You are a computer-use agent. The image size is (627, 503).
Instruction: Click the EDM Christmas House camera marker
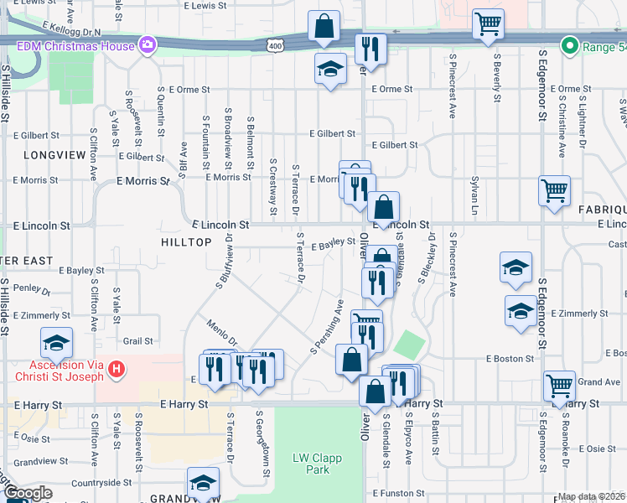[148, 44]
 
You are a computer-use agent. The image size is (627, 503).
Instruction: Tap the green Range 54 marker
[571, 46]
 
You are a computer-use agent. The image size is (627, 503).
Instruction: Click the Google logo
[28, 494]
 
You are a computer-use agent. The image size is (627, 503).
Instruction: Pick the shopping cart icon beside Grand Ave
[559, 384]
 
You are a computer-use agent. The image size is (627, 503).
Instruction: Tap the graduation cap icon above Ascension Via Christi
[56, 342]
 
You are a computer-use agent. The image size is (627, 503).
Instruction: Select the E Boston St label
[510, 358]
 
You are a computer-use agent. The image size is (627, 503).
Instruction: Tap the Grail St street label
[138, 341]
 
